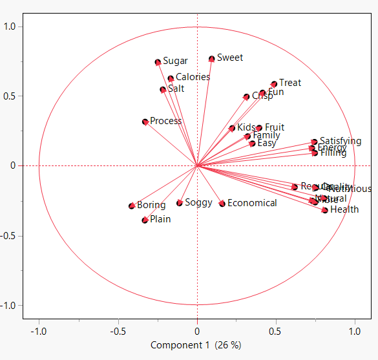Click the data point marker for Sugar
point(158,62)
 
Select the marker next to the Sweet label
point(212,59)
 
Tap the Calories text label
point(193,77)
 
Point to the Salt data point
point(163,90)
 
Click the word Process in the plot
point(165,121)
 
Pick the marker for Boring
point(132,206)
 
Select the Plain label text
point(160,219)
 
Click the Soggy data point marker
point(180,203)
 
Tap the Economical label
point(252,203)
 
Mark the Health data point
point(325,210)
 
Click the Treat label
point(290,83)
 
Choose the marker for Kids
point(232,128)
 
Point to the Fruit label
point(275,127)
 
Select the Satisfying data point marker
point(314,142)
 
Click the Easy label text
point(267,143)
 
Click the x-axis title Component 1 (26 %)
point(196,345)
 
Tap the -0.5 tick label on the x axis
point(118,331)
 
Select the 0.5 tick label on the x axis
point(275,331)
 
